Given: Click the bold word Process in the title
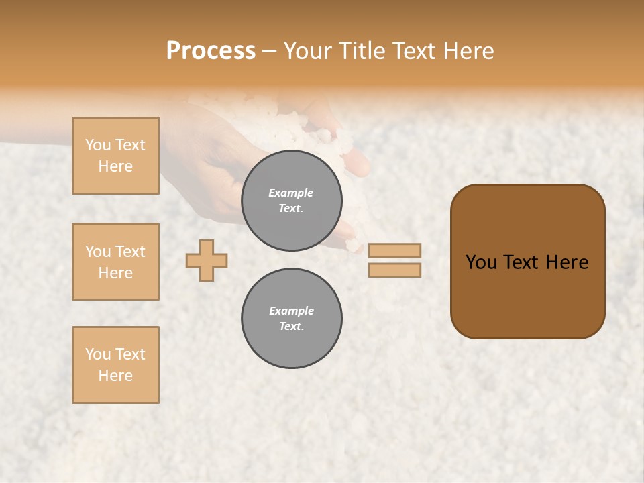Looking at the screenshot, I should (x=211, y=51).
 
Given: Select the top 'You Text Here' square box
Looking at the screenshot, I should (x=115, y=156).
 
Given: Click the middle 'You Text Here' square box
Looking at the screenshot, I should (x=115, y=262).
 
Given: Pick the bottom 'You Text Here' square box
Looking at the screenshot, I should (x=115, y=365).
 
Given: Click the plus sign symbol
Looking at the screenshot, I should (x=207, y=260).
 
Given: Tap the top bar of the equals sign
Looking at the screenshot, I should (x=394, y=250).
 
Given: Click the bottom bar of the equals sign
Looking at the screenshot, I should (x=394, y=270).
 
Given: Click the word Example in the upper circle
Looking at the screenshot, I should (x=291, y=193).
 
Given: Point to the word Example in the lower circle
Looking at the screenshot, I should (x=291, y=311).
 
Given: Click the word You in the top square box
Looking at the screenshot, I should (x=97, y=145).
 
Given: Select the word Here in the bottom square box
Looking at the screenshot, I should (x=115, y=376).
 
